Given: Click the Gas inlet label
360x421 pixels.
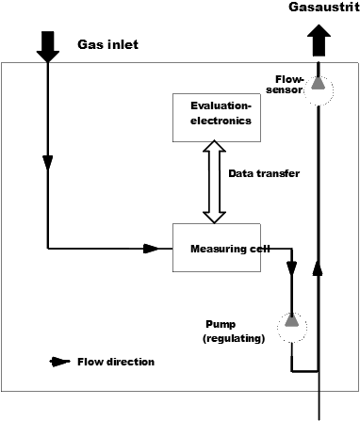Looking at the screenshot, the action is tap(107, 44).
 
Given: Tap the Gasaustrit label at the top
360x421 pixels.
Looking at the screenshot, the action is tap(324, 8).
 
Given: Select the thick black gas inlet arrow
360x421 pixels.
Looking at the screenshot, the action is tap(48, 46).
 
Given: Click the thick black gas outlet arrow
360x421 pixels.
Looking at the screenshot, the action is tap(319, 40).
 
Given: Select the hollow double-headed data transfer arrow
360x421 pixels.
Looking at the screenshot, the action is tap(214, 182).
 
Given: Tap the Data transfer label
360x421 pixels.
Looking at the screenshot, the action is tap(264, 173).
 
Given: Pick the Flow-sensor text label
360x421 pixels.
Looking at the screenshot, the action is tap(285, 85).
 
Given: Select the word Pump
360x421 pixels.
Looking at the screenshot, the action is tap(221, 324).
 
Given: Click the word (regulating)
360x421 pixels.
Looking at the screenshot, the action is tap(234, 338).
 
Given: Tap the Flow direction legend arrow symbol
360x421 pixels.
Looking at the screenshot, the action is tap(59, 362).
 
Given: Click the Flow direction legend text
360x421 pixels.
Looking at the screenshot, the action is tap(116, 362).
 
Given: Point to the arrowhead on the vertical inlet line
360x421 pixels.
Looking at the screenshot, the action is tap(48, 163).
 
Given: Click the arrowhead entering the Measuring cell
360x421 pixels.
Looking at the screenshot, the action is tap(151, 249).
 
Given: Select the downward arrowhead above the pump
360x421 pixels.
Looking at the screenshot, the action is tap(292, 267).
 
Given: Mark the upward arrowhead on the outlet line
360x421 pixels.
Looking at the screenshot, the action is tap(319, 268).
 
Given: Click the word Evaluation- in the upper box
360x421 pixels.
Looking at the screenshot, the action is tap(221, 105).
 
